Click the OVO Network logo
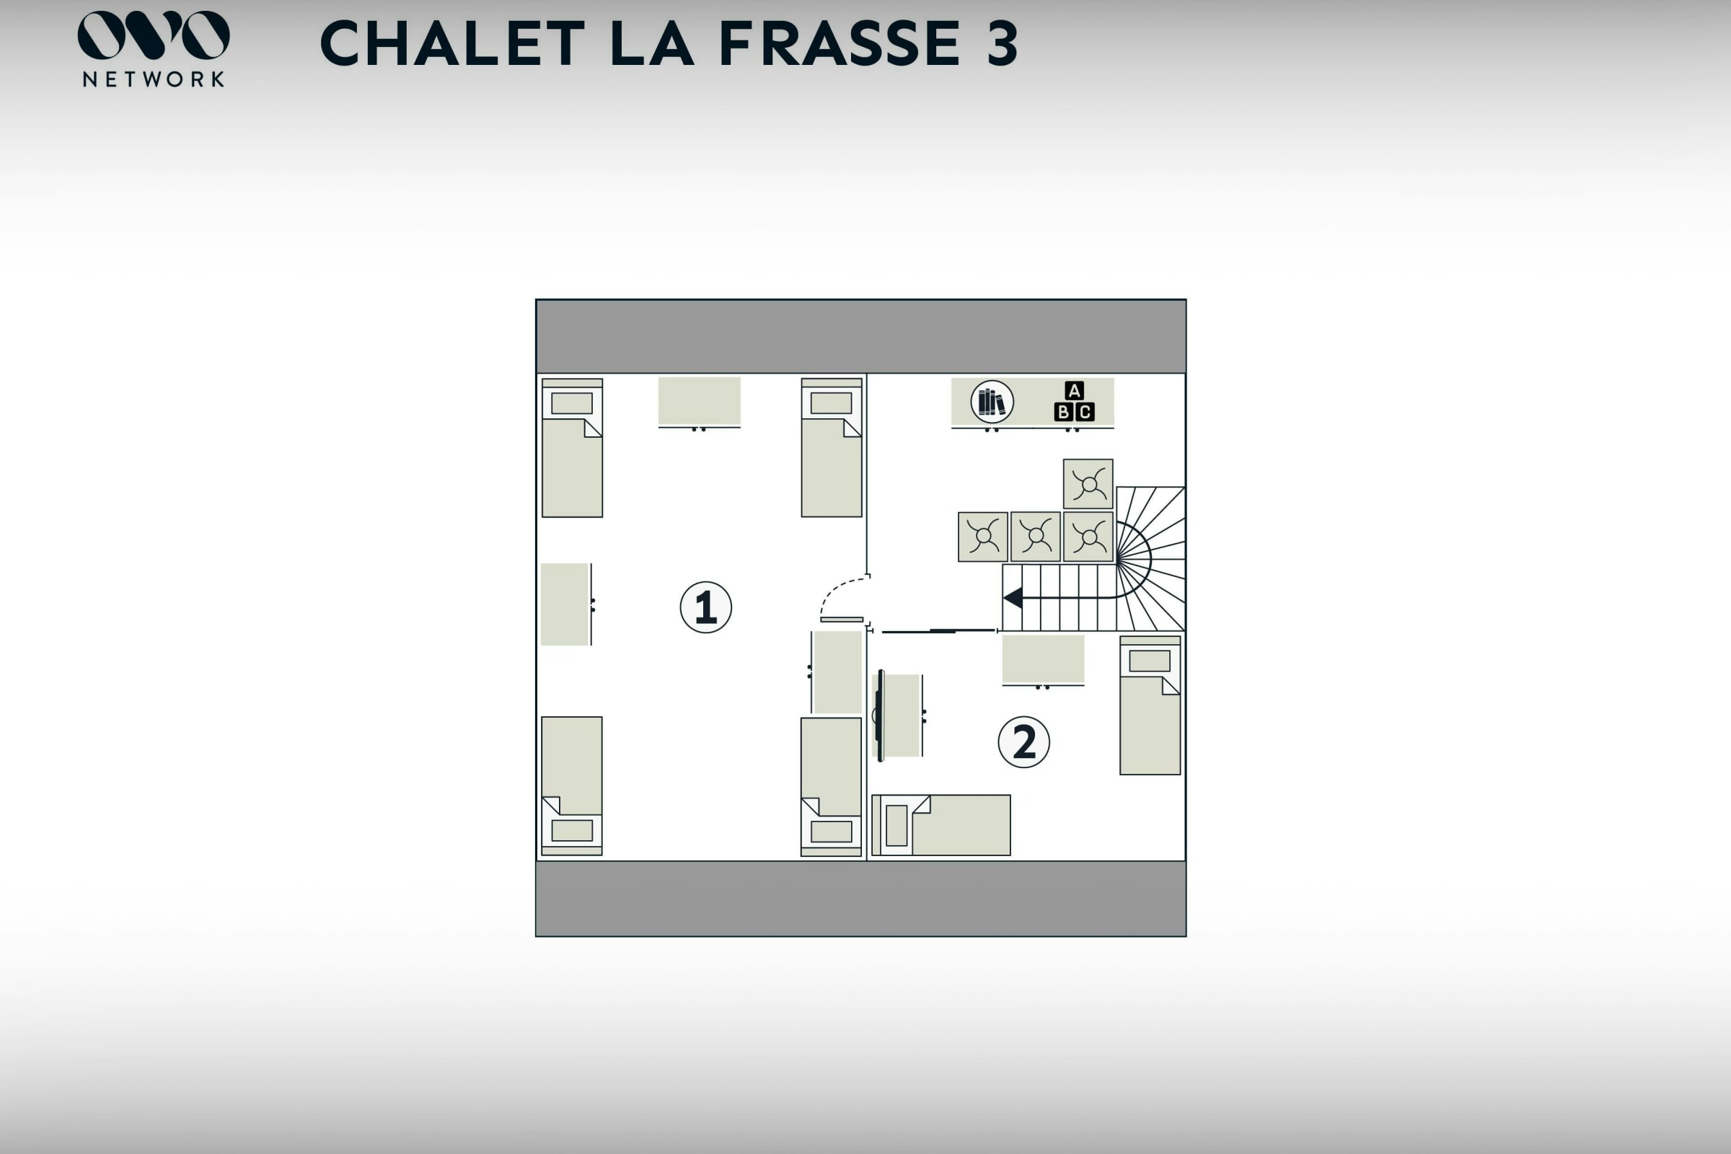[153, 48]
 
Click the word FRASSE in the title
[839, 43]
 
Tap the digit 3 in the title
[1003, 43]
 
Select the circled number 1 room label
[706, 607]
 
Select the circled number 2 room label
[1023, 742]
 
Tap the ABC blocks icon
[1075, 401]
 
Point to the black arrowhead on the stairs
[1013, 598]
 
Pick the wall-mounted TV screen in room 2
[881, 715]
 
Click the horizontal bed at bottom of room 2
[941, 825]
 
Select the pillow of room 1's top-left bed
[572, 403]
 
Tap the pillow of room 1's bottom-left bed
[572, 830]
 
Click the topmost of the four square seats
[1088, 484]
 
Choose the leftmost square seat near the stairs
[982, 537]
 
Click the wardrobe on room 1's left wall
[566, 604]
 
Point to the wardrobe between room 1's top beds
[699, 402]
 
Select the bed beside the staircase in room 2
[1150, 705]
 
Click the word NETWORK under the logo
[154, 79]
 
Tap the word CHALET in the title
[453, 43]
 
